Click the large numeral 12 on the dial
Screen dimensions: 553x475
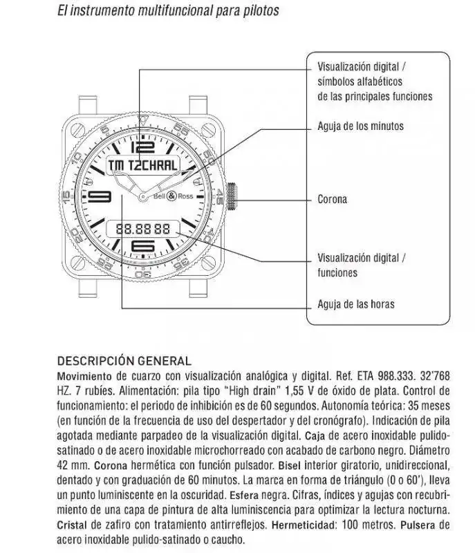click(142, 147)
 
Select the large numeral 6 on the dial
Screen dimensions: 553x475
click(142, 246)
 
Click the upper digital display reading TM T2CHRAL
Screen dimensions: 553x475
click(143, 165)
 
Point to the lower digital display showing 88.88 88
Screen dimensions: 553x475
click(143, 227)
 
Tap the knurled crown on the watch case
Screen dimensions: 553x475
click(232, 196)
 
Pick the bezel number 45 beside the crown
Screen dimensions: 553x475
click(218, 196)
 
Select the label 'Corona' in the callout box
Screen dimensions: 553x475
click(332, 199)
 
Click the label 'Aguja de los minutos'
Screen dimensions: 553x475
click(360, 126)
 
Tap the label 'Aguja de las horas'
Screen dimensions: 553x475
click(356, 304)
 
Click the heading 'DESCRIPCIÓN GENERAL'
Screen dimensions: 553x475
click(124, 361)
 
